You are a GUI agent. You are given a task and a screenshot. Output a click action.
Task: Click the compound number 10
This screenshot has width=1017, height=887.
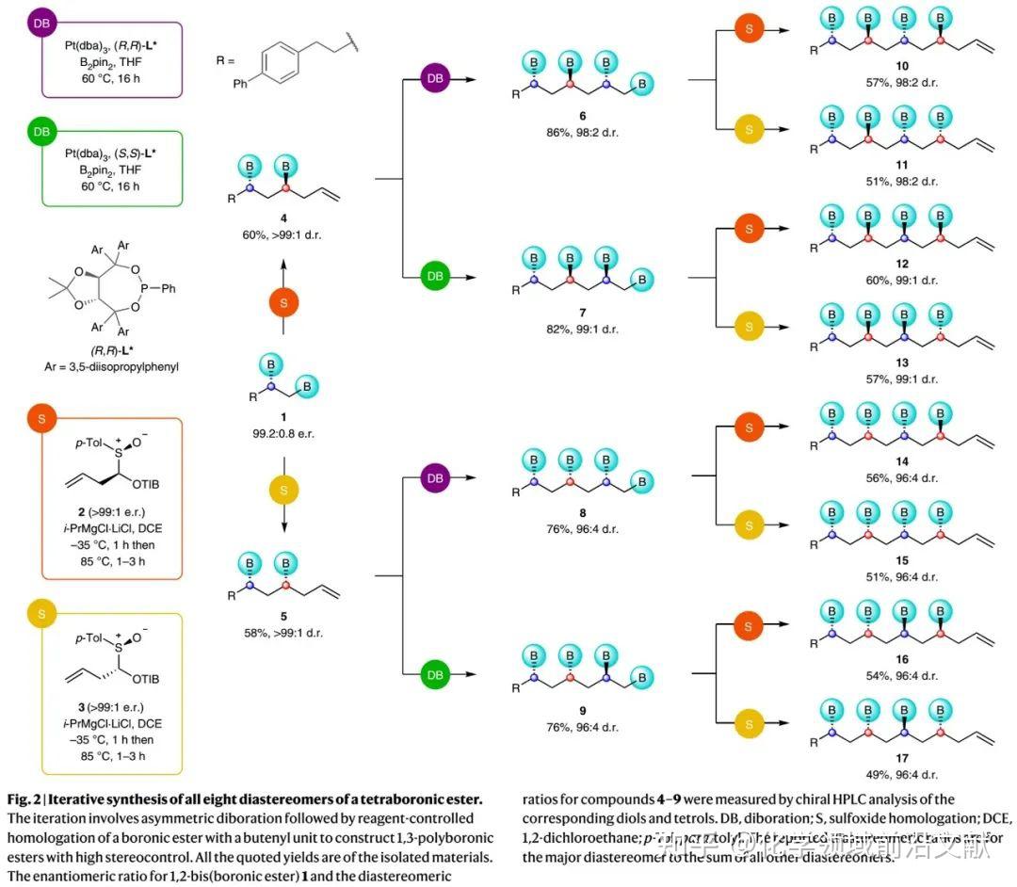coord(903,68)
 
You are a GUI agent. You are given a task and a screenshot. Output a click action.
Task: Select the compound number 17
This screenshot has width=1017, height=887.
coord(903,760)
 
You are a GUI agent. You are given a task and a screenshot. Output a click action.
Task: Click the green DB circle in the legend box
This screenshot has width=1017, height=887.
coord(41,132)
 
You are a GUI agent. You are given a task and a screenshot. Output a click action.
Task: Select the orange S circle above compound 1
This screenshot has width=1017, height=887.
coord(284,303)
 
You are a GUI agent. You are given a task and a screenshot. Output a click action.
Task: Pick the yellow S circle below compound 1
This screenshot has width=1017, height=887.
coord(284,489)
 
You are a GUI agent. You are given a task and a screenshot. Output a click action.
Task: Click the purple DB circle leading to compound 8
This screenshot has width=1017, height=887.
coord(432,477)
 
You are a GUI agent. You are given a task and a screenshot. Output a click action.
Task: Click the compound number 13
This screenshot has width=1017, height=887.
coord(903,363)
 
